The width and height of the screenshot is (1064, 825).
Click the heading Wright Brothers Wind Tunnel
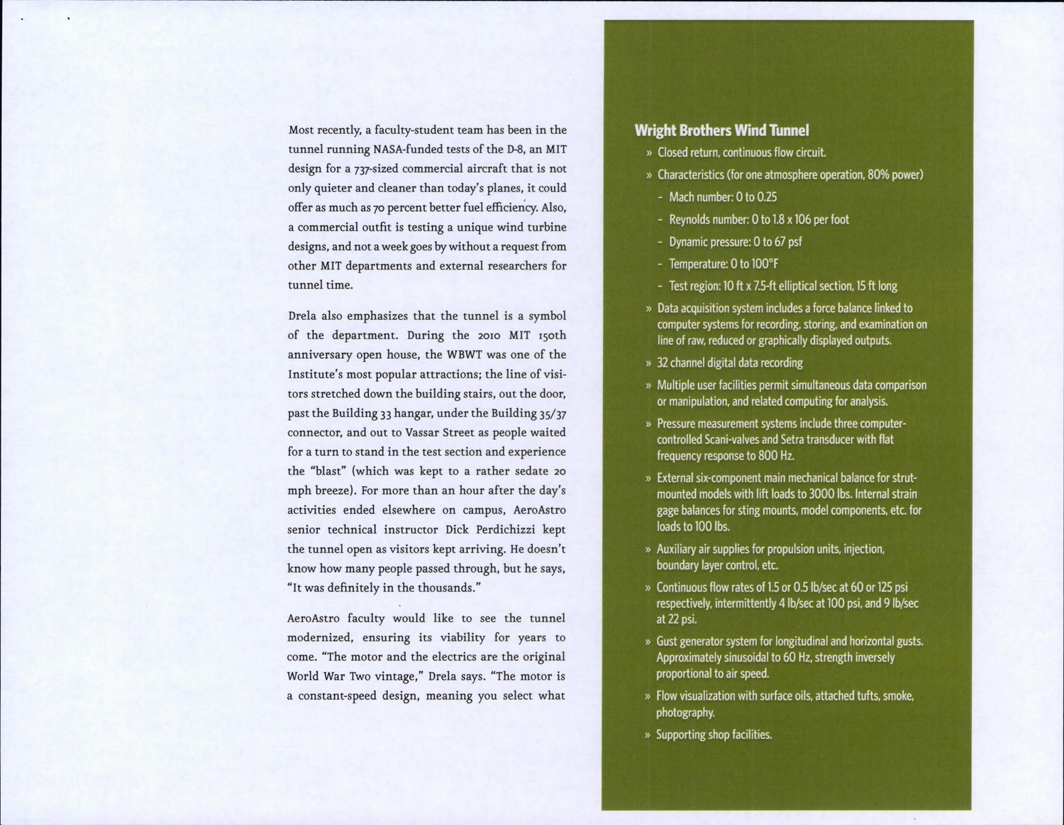point(721,131)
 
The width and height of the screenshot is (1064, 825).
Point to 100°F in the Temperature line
point(765,264)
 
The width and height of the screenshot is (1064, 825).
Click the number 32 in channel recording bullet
point(663,363)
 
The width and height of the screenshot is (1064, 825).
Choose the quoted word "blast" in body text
point(328,472)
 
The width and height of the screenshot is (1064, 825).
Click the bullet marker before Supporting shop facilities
point(648,736)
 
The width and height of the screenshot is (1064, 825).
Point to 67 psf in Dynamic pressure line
point(786,242)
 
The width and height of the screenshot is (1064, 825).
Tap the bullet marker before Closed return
point(648,153)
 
